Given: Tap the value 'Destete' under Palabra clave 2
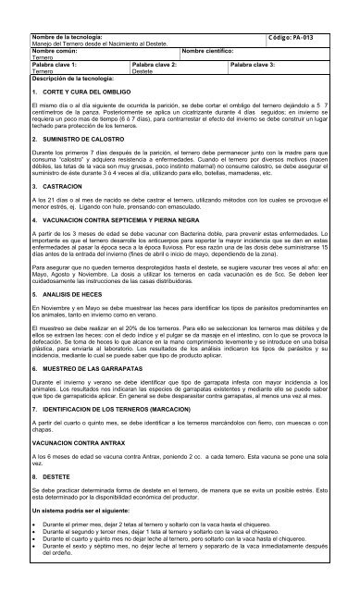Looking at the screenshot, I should pos(144,72).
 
